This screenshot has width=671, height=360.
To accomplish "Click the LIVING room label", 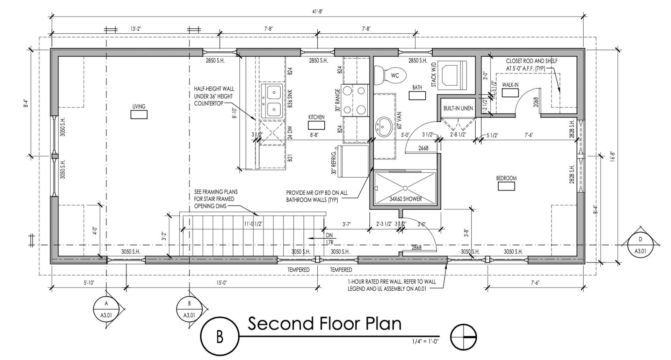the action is pyautogui.click(x=139, y=107).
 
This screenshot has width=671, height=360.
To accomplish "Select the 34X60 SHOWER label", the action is pyautogui.click(x=405, y=199).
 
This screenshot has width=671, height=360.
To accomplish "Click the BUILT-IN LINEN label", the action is pyautogui.click(x=458, y=108).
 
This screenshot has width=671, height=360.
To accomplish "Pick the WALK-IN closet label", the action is pyautogui.click(x=510, y=85).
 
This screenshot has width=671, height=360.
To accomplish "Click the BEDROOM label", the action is pyautogui.click(x=506, y=178).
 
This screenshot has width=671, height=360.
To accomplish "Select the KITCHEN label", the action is pyautogui.click(x=316, y=117).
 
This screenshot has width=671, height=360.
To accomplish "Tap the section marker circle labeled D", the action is pyautogui.click(x=640, y=245).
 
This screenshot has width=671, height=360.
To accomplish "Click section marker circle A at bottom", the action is pyautogui.click(x=106, y=310).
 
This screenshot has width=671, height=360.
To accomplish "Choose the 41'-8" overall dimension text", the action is pyautogui.click(x=317, y=12).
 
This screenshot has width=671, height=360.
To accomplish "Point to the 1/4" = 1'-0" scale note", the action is pyautogui.click(x=425, y=341).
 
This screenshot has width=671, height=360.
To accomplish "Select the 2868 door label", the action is pyautogui.click(x=416, y=247).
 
